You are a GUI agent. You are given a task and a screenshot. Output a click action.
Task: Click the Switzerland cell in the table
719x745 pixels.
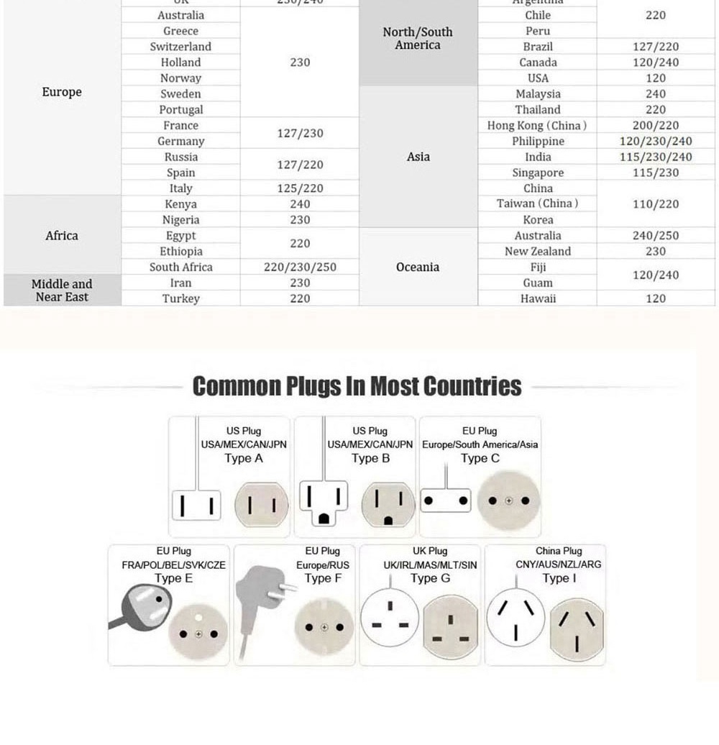[180, 47]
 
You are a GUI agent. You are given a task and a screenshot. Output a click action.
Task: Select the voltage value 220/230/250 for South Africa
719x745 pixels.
[300, 267]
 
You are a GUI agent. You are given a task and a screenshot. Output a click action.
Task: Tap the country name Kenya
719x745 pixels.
[180, 204]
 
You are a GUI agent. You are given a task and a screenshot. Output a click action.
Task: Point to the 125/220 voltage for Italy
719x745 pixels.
[300, 188]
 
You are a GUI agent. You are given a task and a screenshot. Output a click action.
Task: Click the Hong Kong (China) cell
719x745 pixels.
[537, 126]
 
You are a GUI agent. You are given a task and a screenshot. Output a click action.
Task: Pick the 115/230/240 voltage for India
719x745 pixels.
[656, 157]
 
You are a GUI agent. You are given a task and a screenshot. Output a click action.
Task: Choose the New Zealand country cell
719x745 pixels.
[537, 252]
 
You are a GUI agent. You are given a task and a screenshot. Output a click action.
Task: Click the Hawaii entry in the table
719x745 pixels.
[538, 298]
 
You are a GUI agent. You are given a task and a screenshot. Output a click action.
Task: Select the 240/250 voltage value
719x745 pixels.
[656, 236]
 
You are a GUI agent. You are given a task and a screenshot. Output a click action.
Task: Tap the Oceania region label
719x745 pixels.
[418, 267]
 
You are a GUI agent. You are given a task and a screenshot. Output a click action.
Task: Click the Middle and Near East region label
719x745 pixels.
[62, 291]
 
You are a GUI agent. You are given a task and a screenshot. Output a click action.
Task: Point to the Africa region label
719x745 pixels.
[62, 236]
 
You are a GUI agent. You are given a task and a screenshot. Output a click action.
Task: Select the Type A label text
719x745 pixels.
[244, 459]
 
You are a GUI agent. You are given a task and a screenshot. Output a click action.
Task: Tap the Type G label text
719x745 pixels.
[431, 579]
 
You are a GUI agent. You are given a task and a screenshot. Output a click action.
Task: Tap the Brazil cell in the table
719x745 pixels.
[538, 47]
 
